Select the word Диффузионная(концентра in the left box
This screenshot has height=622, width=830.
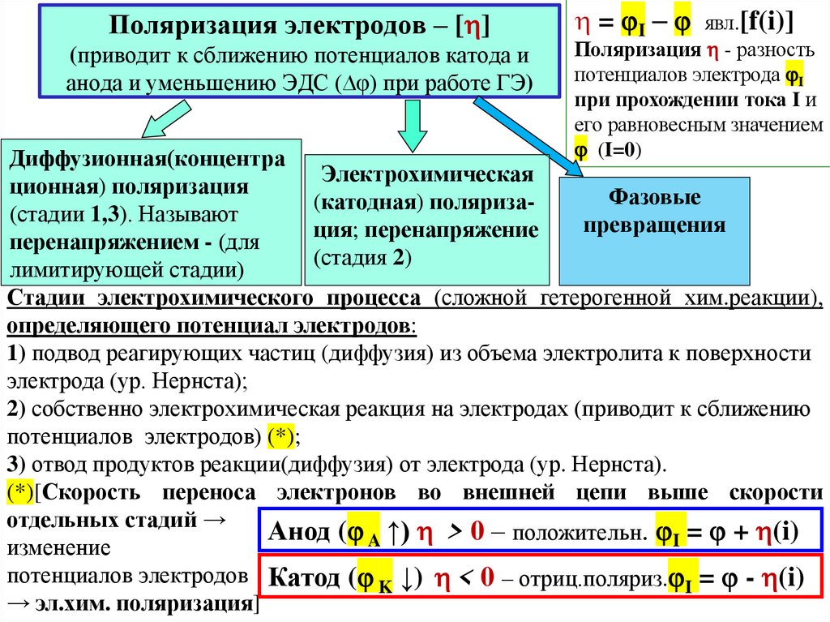pos(147,159)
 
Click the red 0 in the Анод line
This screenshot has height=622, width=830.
pos(477,531)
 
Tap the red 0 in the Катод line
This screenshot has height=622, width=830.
pos(486,577)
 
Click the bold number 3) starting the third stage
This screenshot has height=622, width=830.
pos(16,465)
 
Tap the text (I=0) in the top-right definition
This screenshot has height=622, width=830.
pos(618,151)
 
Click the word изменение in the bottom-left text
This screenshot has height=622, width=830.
pos(58,547)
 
